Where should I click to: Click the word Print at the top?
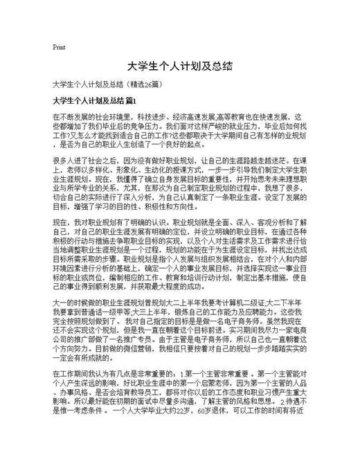coord(59,48)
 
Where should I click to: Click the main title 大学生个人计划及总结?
coord(179,66)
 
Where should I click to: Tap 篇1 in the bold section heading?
coord(136,101)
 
